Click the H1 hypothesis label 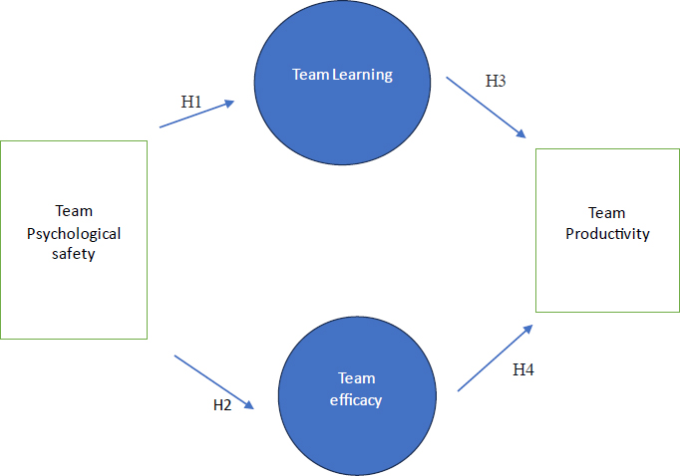coord(190,102)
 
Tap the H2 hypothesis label coord(223,404)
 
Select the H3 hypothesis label coord(496,81)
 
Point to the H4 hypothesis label coord(523,370)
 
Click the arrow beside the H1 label coord(197,114)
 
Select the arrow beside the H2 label coord(214,380)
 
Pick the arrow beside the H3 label coord(486,107)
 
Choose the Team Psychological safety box coord(74,239)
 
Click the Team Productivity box coord(607,230)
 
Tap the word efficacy coord(357,400)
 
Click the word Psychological coord(75,234)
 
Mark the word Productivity coord(607,235)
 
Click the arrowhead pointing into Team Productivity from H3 coord(521,133)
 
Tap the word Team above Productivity coord(607,212)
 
